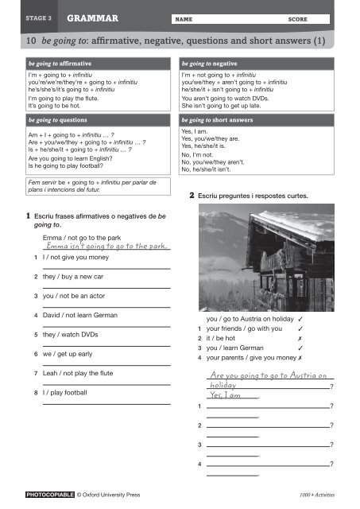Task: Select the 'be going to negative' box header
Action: [x=210, y=61]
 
